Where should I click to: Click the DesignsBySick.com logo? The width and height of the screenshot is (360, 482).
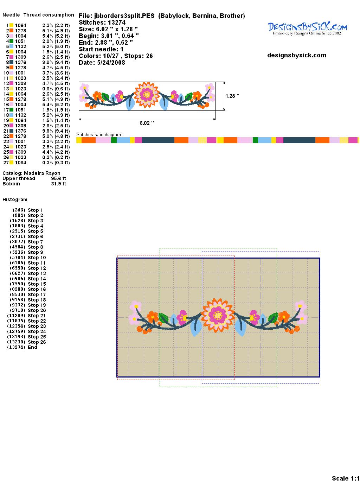tap(307, 28)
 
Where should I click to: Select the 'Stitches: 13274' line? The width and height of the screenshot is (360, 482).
tap(102, 23)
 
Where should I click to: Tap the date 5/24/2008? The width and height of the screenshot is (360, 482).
tap(111, 63)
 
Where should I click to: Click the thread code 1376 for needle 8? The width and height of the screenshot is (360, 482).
tap(20, 62)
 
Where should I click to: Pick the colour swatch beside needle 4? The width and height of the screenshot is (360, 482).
tap(11, 41)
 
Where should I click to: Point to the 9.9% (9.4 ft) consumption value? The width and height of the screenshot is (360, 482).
tap(56, 62)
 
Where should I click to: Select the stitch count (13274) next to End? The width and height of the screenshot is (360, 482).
tap(16, 347)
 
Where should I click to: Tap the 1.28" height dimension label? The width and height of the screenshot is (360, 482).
tap(232, 96)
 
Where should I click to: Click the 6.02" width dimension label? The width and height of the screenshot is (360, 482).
tap(147, 123)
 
